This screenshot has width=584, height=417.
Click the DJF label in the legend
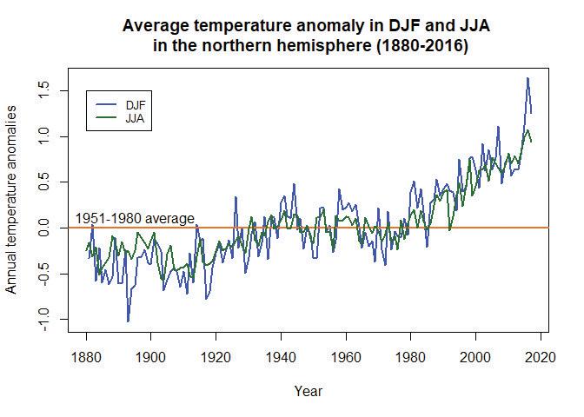point(136,104)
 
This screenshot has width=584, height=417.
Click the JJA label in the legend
point(136,117)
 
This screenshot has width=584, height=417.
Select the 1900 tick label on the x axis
point(151,356)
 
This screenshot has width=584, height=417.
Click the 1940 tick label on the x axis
point(281,356)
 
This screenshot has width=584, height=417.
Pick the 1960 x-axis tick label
point(346,356)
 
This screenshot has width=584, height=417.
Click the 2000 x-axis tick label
point(475,356)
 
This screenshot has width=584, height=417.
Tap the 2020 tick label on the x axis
point(540,356)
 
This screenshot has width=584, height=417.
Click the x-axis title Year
point(309,392)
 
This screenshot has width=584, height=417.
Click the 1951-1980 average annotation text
point(135,218)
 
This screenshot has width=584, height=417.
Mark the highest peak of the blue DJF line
point(528,78)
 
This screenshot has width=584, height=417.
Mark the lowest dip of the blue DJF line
point(128,321)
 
